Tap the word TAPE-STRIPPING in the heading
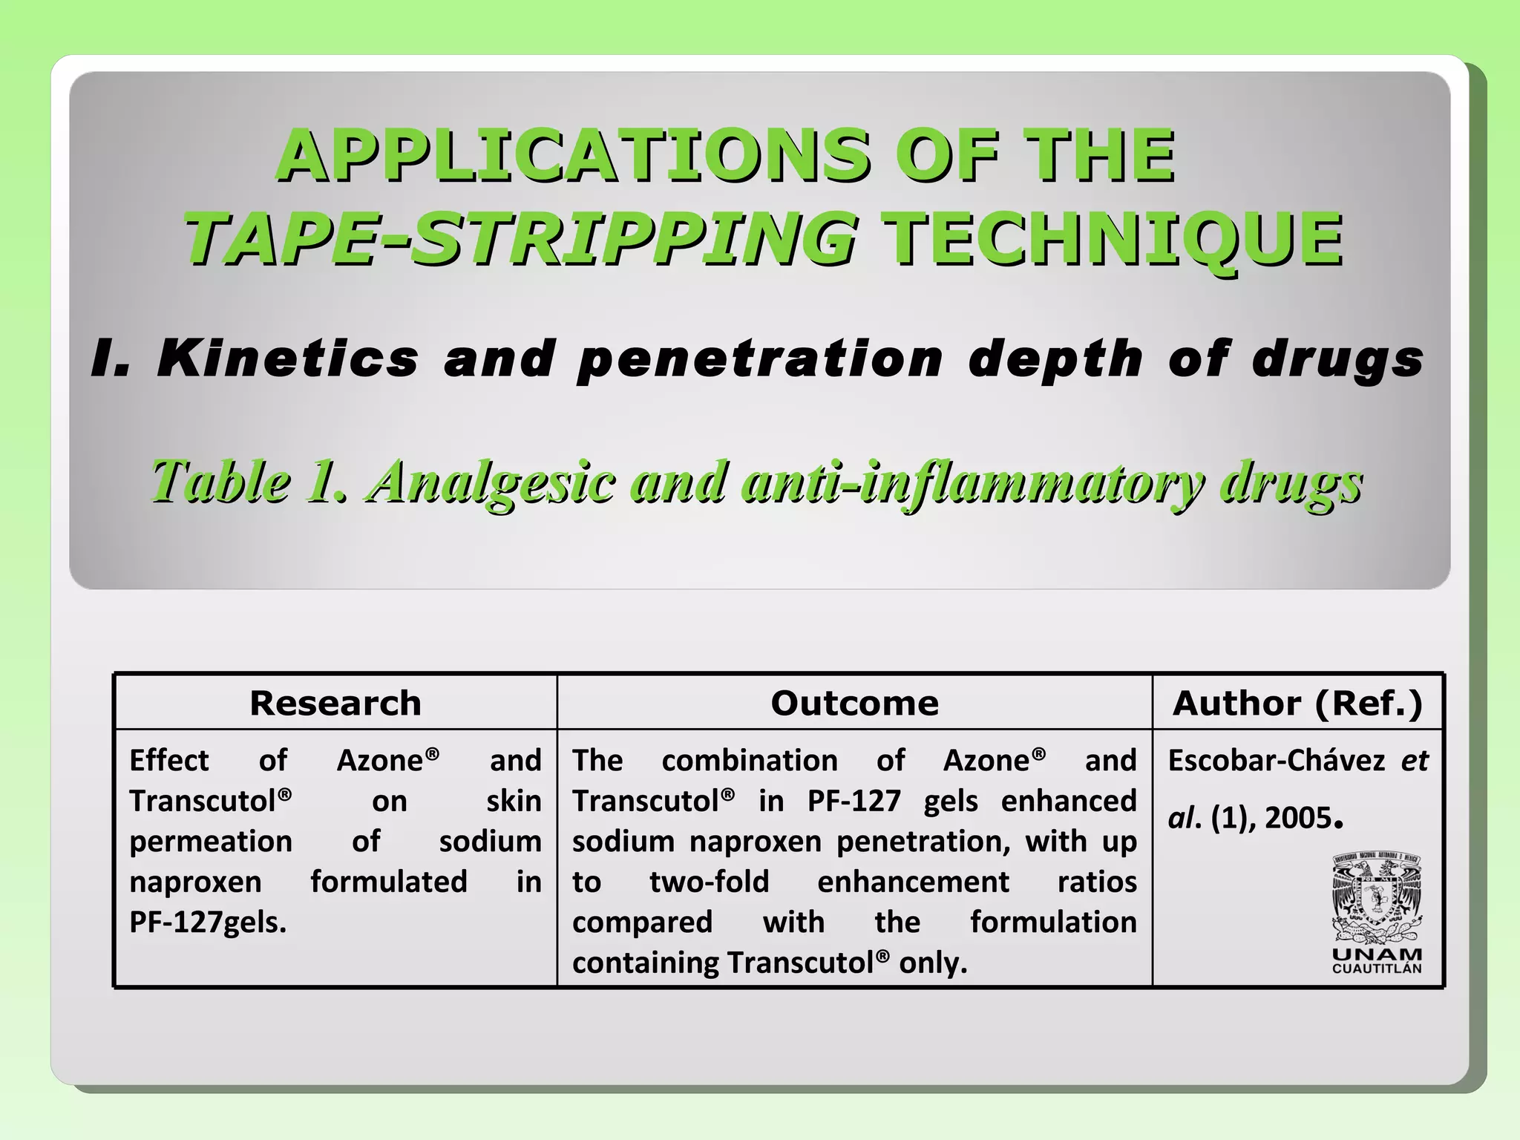520,238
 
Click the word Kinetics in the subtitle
288,358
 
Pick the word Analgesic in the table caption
492,482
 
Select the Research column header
335,703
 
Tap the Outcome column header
854,703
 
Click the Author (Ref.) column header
1297,703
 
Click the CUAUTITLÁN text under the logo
1377,969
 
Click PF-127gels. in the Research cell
208,923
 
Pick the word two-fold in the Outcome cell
710,882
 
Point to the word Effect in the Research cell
169,761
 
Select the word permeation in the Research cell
211,842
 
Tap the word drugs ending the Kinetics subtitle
1337,360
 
